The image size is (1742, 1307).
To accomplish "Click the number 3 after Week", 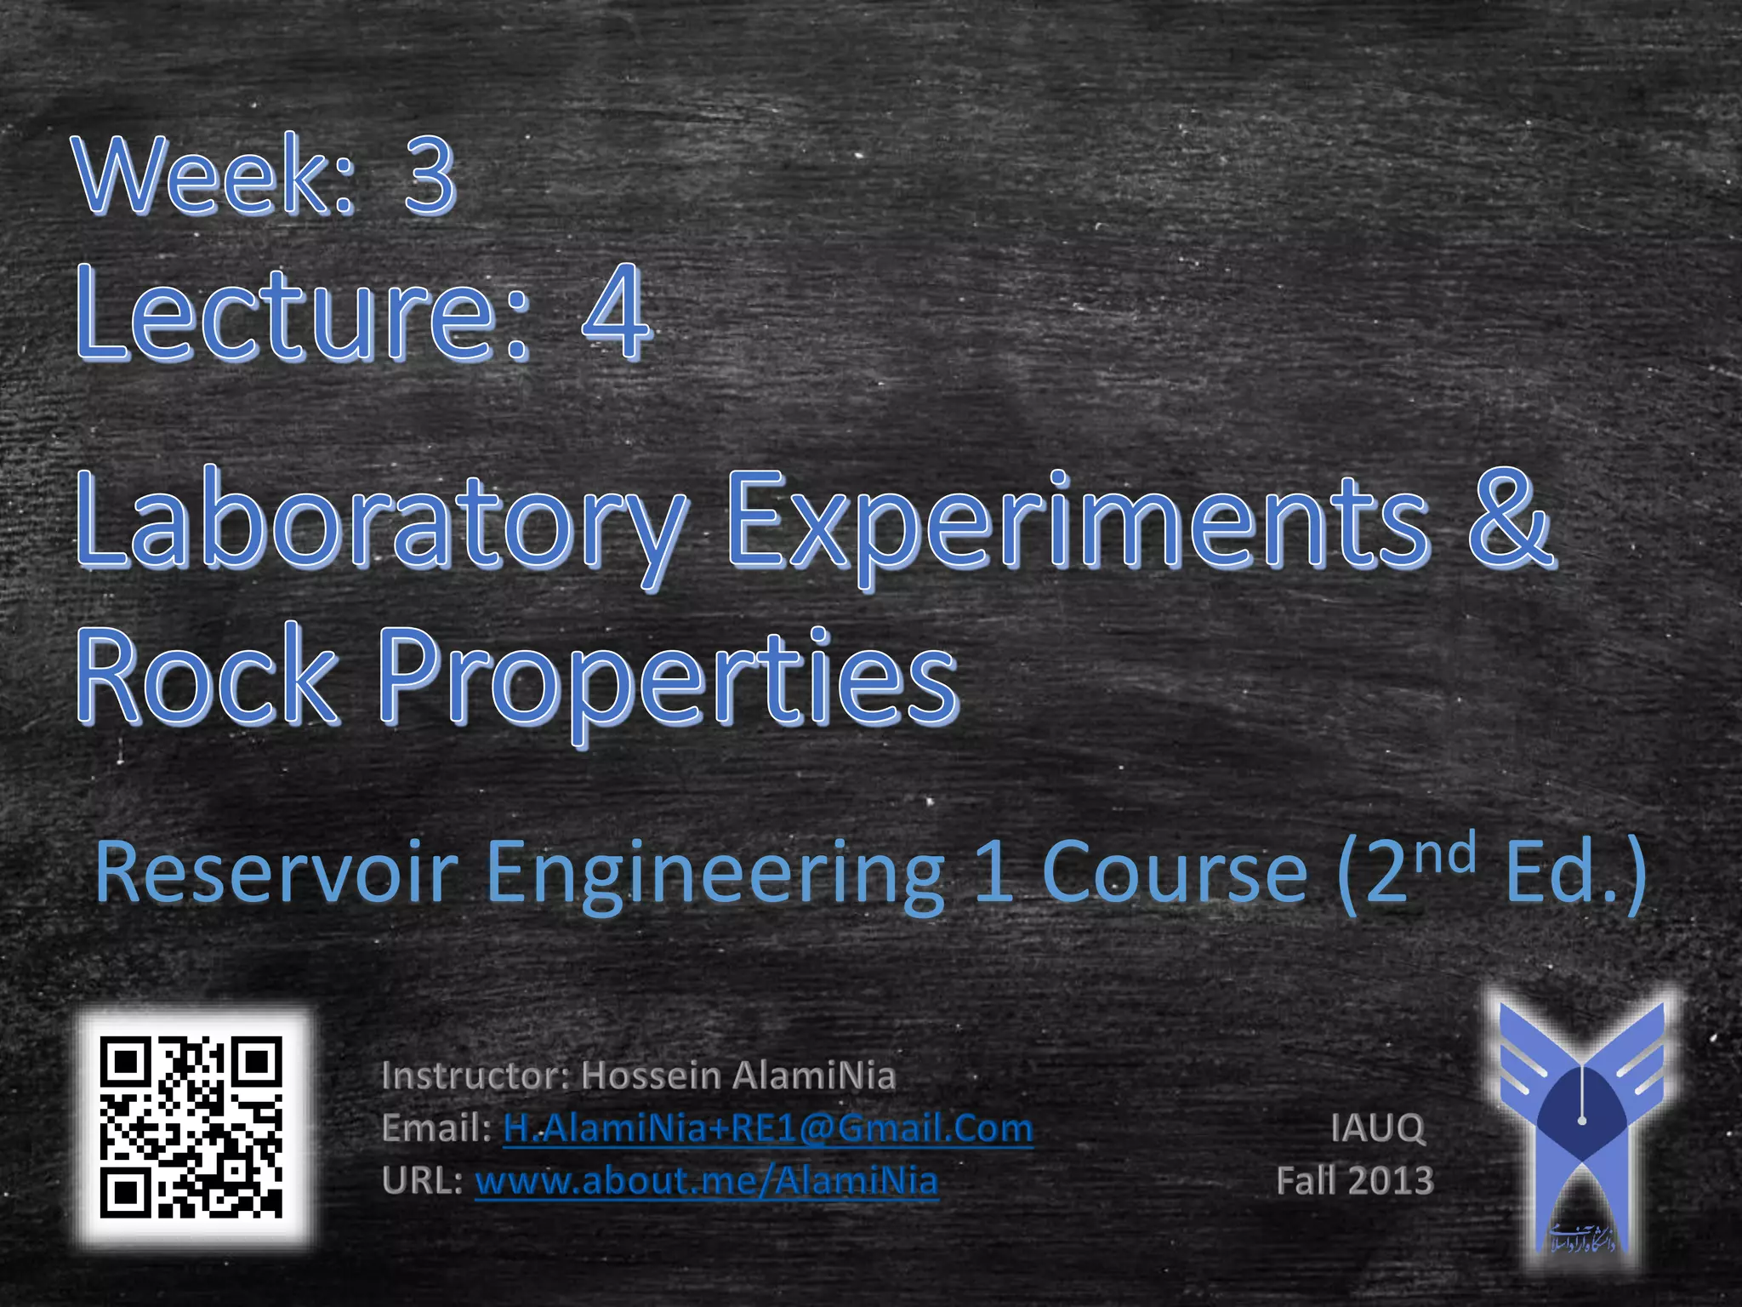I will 429,176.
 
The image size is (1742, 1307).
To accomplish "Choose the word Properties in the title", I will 668,681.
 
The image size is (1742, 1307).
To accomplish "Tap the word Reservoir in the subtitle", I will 276,872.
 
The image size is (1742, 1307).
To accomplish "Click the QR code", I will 191,1127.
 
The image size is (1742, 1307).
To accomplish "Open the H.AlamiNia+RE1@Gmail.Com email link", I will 767,1128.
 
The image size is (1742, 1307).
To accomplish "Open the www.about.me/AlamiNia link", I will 706,1181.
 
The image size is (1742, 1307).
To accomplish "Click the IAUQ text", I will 1377,1128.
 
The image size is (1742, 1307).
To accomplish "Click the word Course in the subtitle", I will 1174,872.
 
